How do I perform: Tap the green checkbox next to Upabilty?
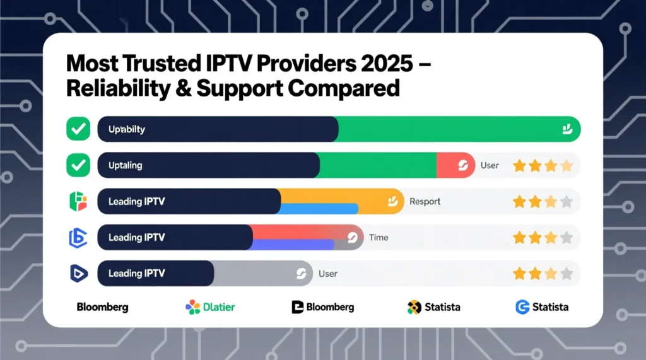(78, 129)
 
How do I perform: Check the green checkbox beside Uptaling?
(78, 165)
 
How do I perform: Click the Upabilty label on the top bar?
(127, 129)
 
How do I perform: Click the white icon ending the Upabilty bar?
(566, 129)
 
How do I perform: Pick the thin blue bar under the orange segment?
(319, 209)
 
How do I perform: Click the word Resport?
(425, 202)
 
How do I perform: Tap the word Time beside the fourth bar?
(379, 238)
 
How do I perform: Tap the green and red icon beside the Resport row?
(78, 202)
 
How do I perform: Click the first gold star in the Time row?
(519, 238)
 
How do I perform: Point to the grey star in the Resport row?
(567, 202)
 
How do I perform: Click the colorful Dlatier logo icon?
(192, 307)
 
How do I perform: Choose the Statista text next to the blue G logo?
(550, 307)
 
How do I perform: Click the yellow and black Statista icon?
(414, 307)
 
